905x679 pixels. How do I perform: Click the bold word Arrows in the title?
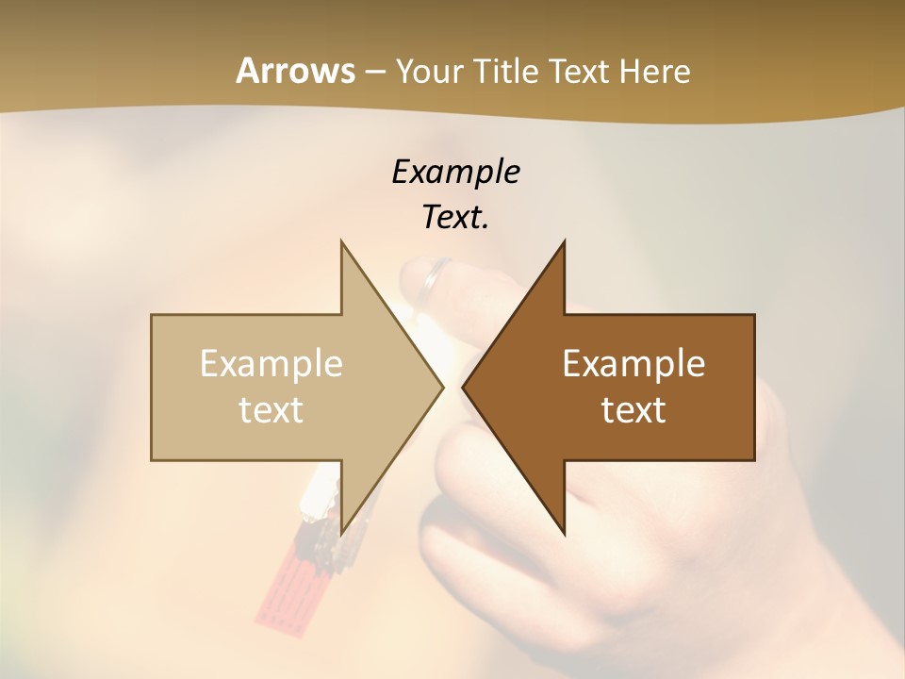[295, 71]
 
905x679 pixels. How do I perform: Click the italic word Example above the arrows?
[455, 172]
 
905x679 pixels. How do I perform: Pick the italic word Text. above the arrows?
[455, 217]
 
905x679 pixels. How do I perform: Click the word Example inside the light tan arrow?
[271, 363]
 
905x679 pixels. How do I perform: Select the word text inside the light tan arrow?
[271, 409]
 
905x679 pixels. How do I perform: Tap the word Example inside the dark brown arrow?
[633, 363]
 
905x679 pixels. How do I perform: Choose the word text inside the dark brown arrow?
[633, 409]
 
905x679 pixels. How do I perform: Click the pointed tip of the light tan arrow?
[441, 387]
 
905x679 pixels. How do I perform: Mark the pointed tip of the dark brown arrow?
[464, 387]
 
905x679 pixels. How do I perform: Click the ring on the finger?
[436, 274]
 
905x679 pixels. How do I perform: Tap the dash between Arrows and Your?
[374, 72]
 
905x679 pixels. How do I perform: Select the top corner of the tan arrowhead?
[342, 242]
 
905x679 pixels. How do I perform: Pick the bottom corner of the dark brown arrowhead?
[564, 533]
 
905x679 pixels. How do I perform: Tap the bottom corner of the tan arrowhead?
[342, 533]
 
